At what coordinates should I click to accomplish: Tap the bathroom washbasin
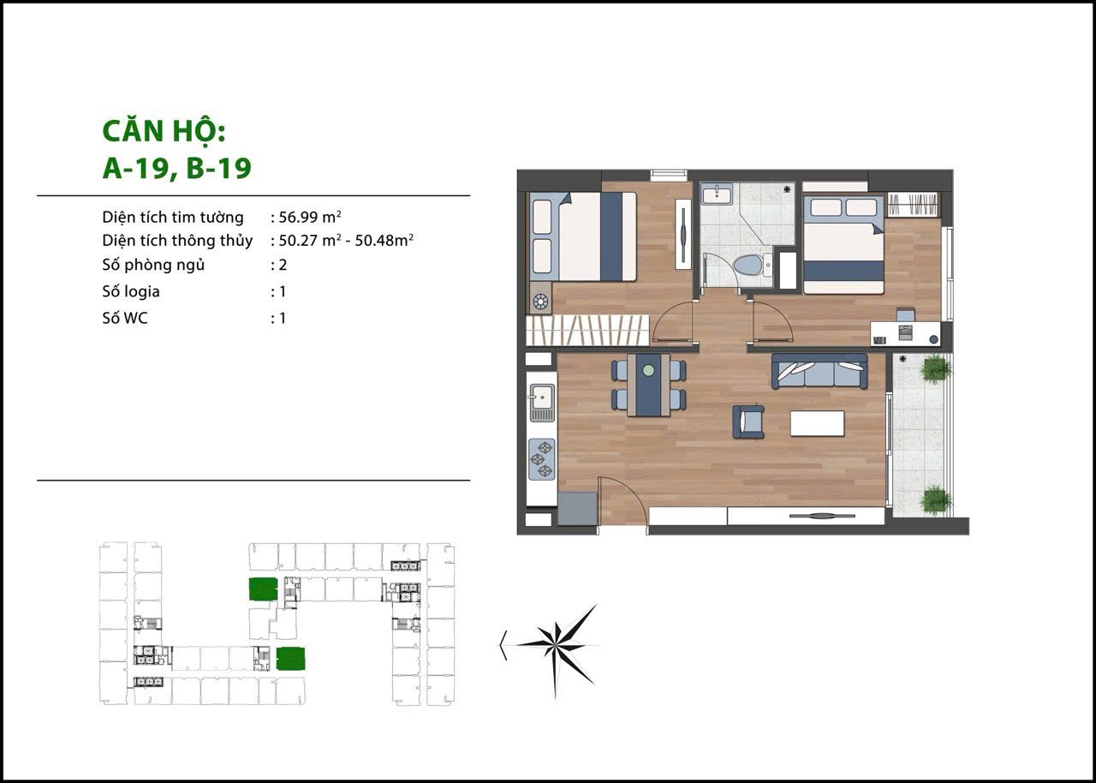717,194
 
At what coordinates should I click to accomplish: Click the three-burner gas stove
542,459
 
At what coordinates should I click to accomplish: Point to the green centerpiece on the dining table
649,370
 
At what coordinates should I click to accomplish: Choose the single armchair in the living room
748,421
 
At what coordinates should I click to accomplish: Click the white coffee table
817,423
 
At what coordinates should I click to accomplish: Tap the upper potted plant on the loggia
935,368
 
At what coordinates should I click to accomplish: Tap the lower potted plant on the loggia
935,499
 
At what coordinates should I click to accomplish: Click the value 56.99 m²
310,216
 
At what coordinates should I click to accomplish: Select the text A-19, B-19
176,168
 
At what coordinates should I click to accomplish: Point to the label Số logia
131,291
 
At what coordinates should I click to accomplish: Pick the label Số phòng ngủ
153,266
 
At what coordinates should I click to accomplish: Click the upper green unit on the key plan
263,589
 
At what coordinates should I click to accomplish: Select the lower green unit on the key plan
290,658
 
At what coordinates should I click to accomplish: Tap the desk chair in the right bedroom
905,314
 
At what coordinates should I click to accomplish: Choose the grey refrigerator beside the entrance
577,509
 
